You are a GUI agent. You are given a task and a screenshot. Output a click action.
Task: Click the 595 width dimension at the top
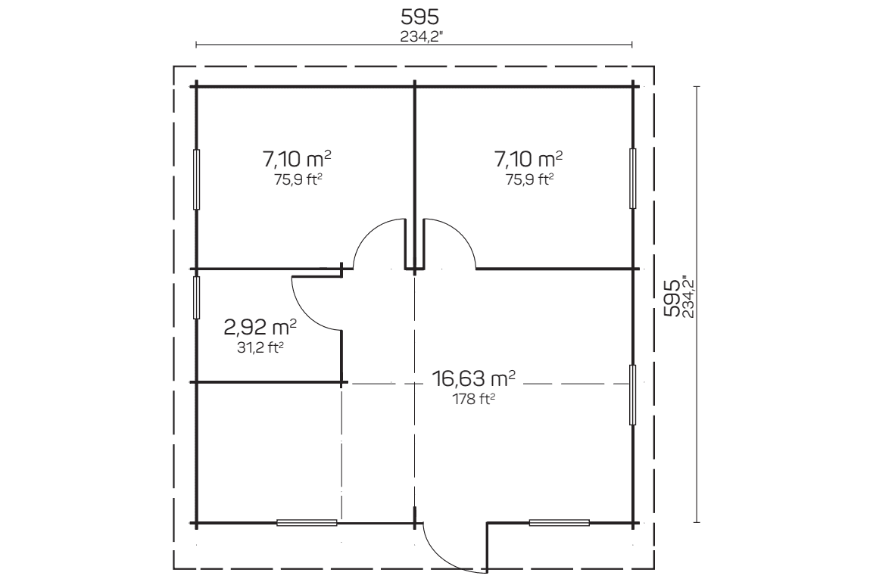(419, 17)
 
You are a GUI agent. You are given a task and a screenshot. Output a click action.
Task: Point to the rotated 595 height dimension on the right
(672, 297)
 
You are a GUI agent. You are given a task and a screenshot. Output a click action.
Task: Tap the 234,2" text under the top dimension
(421, 37)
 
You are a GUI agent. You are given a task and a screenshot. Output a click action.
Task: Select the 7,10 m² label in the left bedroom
(297, 159)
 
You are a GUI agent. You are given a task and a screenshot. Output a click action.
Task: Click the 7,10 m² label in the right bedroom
(528, 159)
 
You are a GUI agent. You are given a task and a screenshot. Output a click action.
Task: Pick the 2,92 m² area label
(260, 327)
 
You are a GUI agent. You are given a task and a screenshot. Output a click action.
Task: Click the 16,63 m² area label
(473, 378)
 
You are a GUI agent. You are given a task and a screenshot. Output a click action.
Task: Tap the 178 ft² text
(474, 399)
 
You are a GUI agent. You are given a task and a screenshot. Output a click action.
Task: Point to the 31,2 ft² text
(260, 347)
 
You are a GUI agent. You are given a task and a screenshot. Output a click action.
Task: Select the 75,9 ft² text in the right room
(529, 179)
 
